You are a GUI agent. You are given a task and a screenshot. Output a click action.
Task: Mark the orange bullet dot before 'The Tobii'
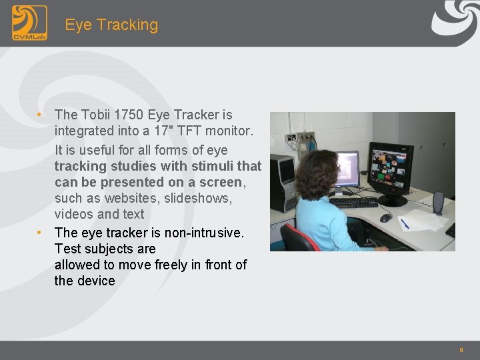pos(41,115)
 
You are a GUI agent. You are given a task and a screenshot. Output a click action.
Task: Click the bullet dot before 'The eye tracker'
pos(41,233)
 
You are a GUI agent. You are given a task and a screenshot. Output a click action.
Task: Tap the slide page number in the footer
pos(461,349)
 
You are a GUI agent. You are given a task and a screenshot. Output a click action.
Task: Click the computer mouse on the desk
pos(385,218)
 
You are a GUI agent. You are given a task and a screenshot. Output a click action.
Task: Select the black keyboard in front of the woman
pos(354,201)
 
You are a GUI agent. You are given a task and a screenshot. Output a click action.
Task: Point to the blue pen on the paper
pos(405,224)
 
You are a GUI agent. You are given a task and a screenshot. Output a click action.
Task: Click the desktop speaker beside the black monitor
pos(438,203)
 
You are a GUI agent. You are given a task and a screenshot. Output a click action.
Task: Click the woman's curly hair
pos(317,174)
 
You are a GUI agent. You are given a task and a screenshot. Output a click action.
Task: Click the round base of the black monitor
pos(392,201)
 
